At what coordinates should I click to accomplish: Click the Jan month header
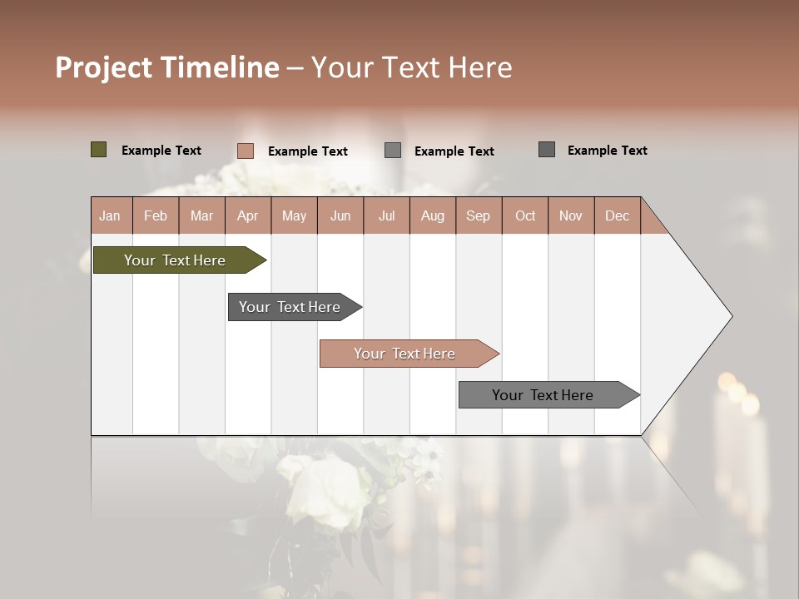110,215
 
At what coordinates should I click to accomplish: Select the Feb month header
156,215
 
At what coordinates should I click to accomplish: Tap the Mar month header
201,215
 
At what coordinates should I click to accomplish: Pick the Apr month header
247,215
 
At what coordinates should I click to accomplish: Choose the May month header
294,215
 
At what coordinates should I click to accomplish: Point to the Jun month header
340,215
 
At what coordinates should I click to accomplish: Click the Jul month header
386,215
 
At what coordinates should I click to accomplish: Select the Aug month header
432,215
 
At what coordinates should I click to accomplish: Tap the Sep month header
478,215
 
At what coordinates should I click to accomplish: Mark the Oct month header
525,215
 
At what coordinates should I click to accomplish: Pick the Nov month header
571,215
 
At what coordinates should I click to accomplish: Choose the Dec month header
617,215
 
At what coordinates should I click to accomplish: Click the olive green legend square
98,150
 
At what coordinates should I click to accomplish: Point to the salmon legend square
245,151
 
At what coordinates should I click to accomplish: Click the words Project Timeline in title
167,67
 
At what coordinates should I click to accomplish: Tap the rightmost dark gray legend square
547,150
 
